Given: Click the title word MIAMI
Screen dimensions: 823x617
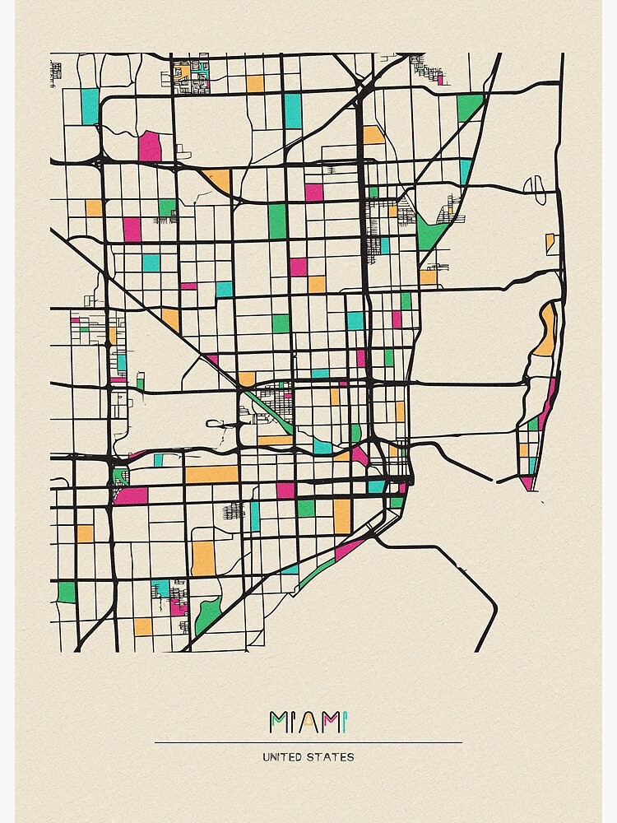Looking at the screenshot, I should pos(308,722).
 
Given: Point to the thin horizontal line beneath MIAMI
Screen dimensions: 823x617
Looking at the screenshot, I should pos(308,742).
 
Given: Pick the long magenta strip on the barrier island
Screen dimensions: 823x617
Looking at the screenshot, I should pos(548,404).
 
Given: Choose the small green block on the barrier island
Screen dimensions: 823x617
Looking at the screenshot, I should pos(533,423).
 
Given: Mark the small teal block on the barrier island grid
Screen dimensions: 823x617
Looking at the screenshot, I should pos(532,465).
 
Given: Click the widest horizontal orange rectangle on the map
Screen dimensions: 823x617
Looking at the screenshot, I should pos(211,475).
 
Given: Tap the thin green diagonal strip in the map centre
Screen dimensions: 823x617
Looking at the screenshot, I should pos(269,411).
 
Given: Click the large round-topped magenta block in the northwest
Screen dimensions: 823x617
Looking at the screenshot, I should pos(150,146).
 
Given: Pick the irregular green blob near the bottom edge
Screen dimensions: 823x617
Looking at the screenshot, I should pos(207,614).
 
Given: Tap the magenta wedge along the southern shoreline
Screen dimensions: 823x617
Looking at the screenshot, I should pos(349,548).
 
